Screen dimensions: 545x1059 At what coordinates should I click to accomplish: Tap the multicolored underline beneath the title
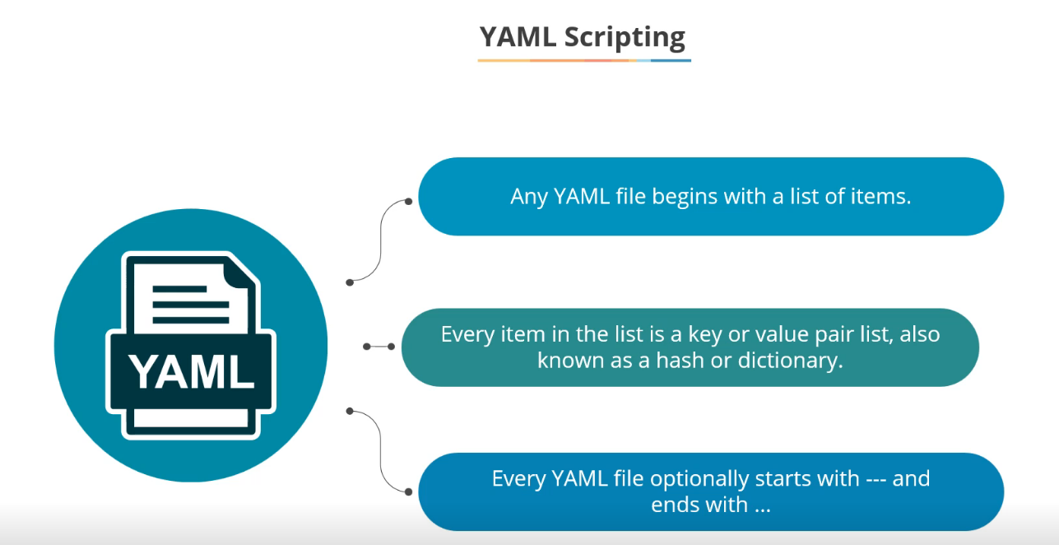(x=584, y=60)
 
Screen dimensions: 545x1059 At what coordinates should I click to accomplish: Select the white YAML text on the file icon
(x=191, y=370)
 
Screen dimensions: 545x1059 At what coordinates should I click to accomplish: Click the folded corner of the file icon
(x=240, y=275)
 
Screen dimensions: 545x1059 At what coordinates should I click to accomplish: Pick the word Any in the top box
(x=529, y=197)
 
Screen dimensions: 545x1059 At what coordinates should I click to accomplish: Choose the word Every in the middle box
(x=467, y=335)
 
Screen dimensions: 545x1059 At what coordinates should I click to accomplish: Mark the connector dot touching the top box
(x=408, y=201)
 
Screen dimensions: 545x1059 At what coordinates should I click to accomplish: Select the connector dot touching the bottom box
(x=408, y=491)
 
